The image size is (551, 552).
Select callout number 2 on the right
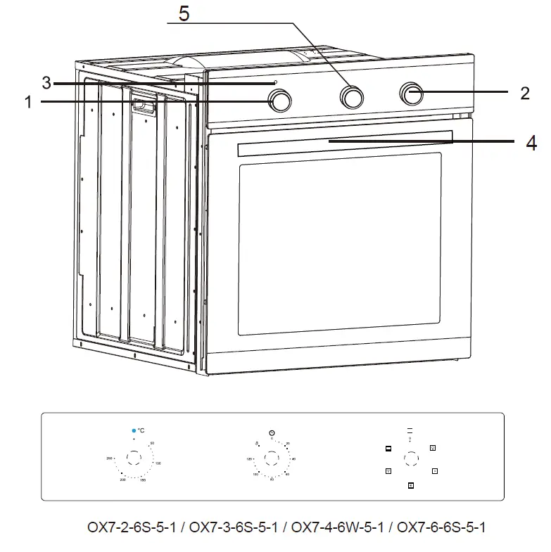point(525,93)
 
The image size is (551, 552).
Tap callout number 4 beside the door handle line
point(531,143)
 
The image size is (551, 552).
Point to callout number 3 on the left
point(46,83)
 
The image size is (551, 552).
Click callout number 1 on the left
point(27,103)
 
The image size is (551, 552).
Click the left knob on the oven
point(280,102)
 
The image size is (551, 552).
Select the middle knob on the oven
point(352,96)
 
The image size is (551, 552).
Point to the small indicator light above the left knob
point(275,82)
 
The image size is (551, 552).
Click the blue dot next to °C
point(132,430)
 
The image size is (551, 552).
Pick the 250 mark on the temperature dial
point(110,458)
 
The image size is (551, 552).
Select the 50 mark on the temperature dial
point(152,443)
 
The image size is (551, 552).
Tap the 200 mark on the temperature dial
point(122,479)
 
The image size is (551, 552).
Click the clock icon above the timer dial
point(272,432)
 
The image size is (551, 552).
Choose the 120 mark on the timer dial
point(249,458)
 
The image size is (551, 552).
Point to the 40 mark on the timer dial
point(293,458)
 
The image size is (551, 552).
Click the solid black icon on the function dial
point(388,449)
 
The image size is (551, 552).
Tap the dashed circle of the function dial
point(410,459)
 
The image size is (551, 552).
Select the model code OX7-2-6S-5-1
point(131,527)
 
